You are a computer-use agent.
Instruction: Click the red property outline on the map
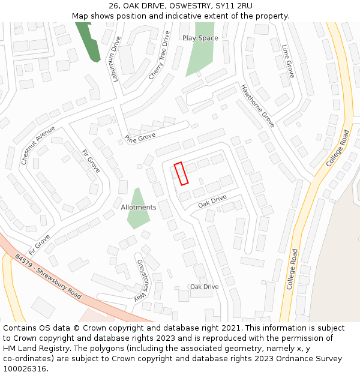coord(181,173)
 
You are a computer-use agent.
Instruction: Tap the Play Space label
coord(200,38)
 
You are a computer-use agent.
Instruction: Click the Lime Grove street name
coord(288,61)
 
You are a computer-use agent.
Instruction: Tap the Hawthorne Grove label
coord(257,106)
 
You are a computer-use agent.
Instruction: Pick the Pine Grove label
coord(140,138)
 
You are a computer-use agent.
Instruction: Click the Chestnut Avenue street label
coord(38,145)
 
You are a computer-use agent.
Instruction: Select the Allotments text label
coord(138,208)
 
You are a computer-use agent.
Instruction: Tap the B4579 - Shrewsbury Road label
coord(48,277)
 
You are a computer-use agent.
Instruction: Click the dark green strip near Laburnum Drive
coord(89,41)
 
